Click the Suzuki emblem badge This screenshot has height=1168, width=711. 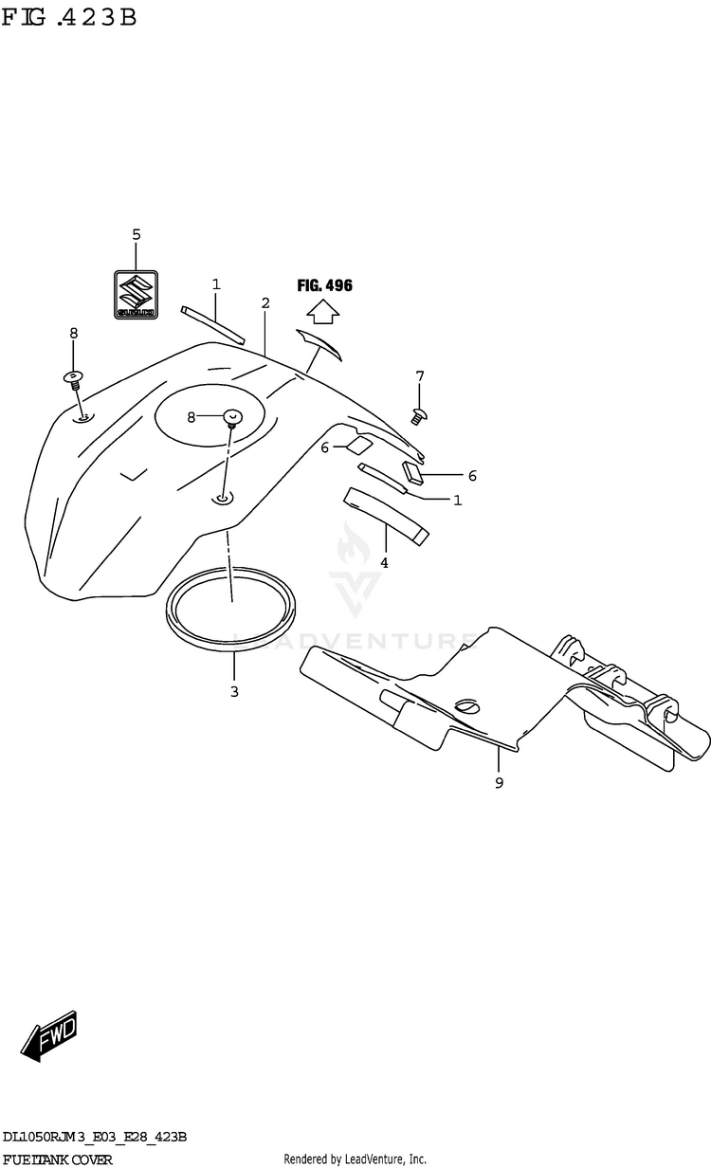(136, 295)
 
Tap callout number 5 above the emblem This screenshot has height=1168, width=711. (136, 234)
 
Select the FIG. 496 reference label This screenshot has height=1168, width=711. (324, 285)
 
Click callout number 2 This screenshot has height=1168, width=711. (265, 303)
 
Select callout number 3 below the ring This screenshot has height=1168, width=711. (234, 691)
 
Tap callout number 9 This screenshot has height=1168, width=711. (499, 782)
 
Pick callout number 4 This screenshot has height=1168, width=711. (384, 562)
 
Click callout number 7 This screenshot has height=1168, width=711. (419, 377)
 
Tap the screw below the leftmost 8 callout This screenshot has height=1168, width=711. (74, 379)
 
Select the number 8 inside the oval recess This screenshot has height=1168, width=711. (192, 416)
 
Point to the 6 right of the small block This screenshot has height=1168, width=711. (471, 476)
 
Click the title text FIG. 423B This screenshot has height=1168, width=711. (69, 18)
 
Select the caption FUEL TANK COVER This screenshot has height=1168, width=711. (58, 1159)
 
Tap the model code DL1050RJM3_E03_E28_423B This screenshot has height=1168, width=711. (94, 1137)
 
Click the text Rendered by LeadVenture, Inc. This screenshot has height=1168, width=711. (355, 1159)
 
